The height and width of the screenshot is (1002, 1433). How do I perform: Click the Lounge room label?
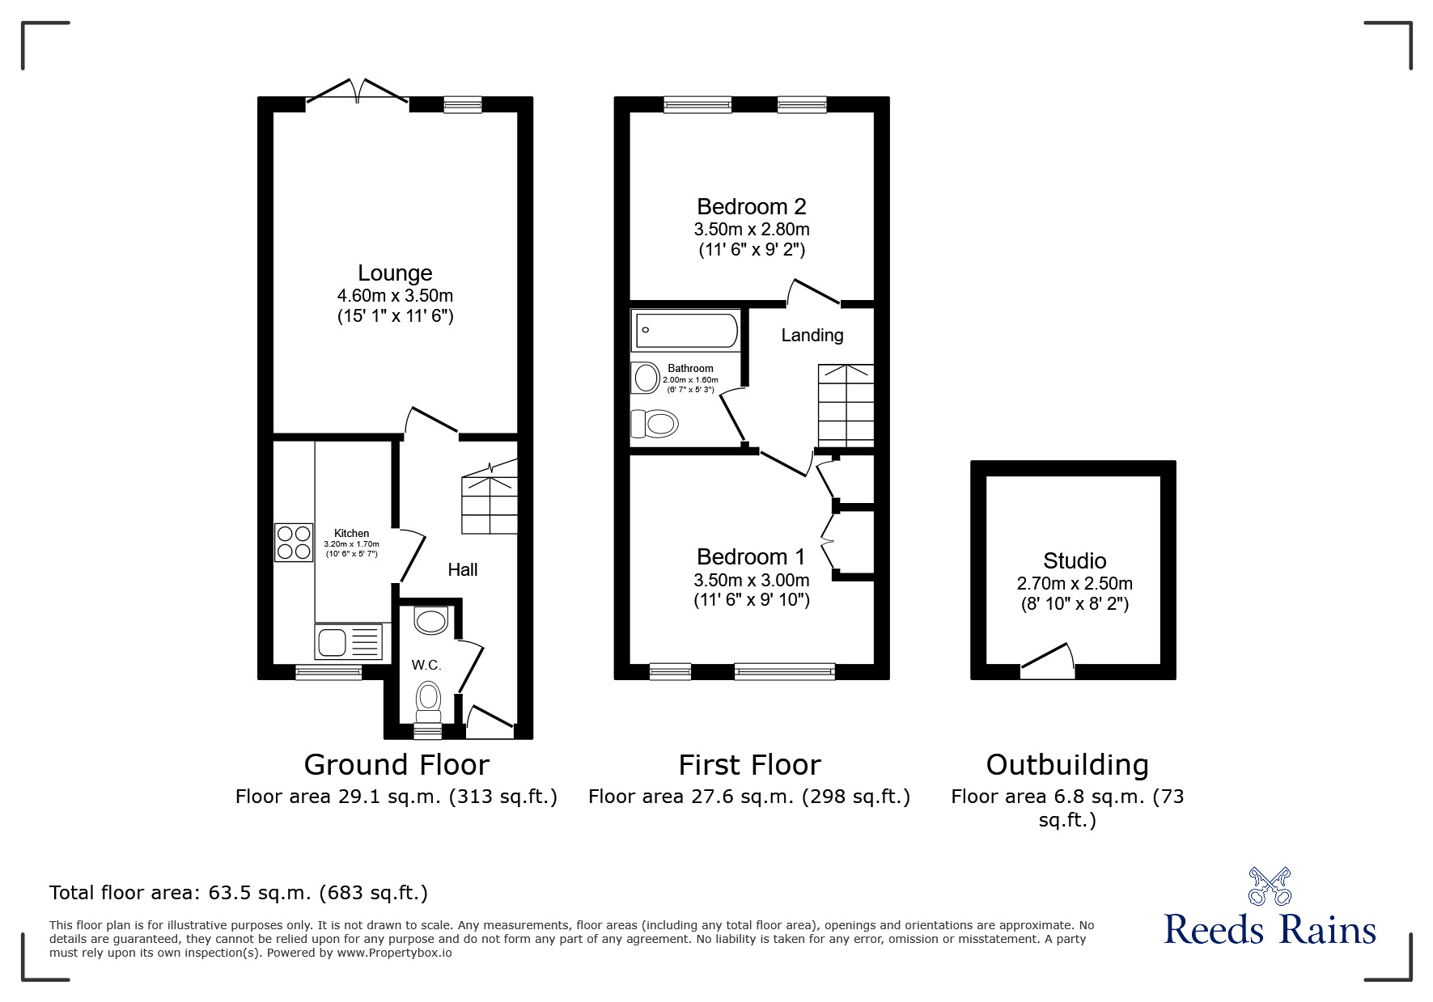click(x=395, y=273)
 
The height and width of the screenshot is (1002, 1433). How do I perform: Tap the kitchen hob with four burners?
click(x=293, y=543)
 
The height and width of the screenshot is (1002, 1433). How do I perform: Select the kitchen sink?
click(x=348, y=642)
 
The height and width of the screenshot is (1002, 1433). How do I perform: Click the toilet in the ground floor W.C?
click(x=428, y=700)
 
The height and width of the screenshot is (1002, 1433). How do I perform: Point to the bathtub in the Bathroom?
click(x=686, y=331)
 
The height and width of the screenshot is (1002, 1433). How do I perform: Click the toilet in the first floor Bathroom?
click(x=655, y=423)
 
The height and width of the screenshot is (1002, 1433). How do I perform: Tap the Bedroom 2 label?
click(x=751, y=207)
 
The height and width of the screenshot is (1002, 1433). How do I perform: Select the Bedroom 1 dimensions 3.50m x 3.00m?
click(x=751, y=580)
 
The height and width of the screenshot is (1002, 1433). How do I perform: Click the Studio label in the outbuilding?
click(x=1074, y=560)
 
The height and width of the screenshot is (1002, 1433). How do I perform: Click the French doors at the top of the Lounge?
click(x=357, y=91)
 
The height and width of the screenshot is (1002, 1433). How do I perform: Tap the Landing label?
click(x=812, y=335)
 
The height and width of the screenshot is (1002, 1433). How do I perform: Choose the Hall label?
click(x=462, y=569)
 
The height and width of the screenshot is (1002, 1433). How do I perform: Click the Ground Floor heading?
click(x=396, y=764)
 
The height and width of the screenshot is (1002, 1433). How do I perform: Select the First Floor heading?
click(x=749, y=764)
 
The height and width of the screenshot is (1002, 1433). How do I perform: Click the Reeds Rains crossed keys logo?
click(x=1270, y=886)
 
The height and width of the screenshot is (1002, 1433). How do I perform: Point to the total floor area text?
click(x=239, y=893)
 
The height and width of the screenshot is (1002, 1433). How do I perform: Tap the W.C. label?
click(x=426, y=665)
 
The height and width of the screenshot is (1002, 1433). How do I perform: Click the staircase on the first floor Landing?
click(x=846, y=405)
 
